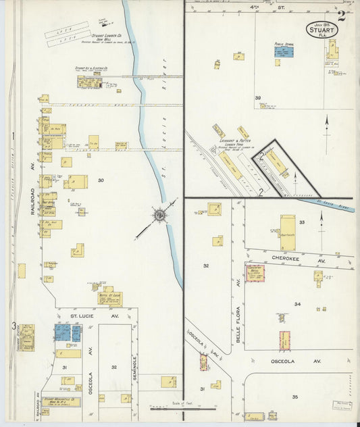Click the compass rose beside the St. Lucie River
(x=160, y=216)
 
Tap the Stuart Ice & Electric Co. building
(x=89, y=82)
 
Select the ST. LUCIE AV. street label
(x=90, y=313)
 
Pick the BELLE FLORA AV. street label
(x=238, y=324)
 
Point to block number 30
(x=101, y=180)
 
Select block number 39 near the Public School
(x=258, y=98)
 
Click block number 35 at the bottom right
(x=294, y=397)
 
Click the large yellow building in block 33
(x=288, y=232)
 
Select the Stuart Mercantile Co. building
(x=61, y=402)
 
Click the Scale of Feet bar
(x=182, y=408)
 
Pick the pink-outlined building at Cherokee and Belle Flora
(x=255, y=273)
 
